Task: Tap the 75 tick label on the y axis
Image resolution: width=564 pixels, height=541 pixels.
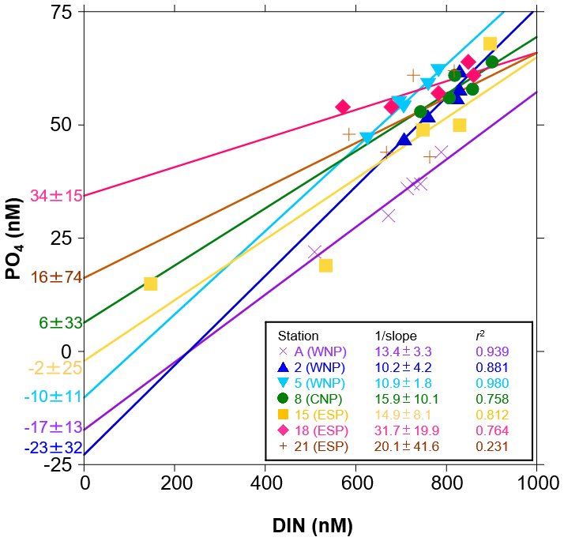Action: [x=63, y=13]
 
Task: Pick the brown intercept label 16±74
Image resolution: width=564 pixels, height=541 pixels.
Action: [x=56, y=277]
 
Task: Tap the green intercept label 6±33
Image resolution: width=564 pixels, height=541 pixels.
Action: [x=61, y=322]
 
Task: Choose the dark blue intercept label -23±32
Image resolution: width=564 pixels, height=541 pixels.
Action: [x=53, y=448]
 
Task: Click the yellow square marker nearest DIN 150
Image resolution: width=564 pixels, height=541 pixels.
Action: [x=150, y=284]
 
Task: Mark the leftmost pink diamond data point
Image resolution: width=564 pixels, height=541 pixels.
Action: [x=343, y=107]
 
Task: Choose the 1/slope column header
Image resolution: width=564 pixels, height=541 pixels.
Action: [x=395, y=336]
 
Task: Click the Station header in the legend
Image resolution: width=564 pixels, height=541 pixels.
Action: [x=293, y=336]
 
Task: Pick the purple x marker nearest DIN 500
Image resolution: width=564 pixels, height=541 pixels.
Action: [x=314, y=252]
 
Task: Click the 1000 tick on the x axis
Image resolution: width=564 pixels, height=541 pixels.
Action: [x=537, y=479]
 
